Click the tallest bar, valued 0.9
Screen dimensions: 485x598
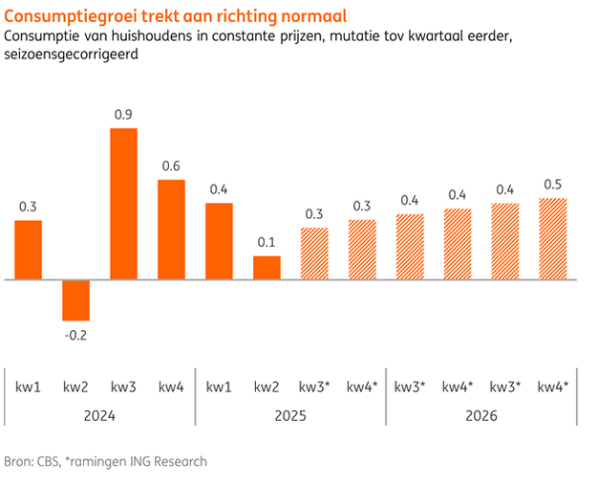123,204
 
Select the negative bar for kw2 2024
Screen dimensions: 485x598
75,300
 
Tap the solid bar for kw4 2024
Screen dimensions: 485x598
171,230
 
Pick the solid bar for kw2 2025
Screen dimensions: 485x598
267,268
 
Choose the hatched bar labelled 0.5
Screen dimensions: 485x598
553,239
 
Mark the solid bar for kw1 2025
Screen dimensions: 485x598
219,241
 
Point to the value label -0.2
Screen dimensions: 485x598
75,335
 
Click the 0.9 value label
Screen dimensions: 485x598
123,115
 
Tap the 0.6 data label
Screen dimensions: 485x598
171,165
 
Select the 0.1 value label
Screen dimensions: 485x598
267,242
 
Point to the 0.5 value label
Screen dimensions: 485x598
553,184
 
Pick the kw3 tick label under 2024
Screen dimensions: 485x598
123,386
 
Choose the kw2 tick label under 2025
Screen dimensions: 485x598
267,386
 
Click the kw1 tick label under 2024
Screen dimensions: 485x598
28,386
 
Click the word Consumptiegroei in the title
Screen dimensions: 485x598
61,17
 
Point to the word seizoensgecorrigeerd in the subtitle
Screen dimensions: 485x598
72,55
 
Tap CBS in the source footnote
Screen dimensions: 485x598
48,461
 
